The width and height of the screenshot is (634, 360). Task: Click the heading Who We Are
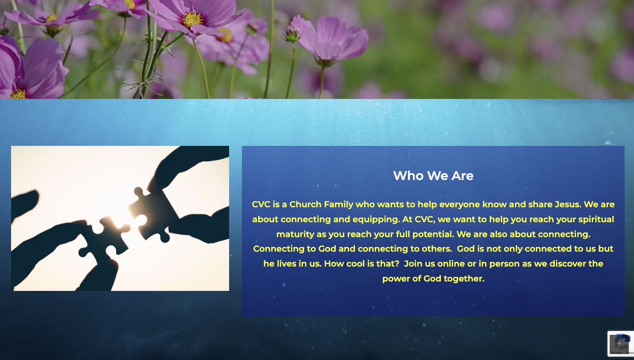tap(433, 176)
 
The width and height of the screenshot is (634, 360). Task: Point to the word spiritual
tap(596, 219)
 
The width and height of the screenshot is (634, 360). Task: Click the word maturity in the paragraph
tap(295, 234)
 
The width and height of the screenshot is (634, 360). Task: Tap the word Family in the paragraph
tap(338, 205)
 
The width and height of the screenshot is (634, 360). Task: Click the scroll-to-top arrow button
tap(619, 344)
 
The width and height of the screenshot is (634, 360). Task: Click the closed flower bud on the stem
tap(292, 34)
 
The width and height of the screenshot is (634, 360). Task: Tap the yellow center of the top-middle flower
tap(193, 20)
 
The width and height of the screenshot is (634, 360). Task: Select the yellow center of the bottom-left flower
tap(18, 93)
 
